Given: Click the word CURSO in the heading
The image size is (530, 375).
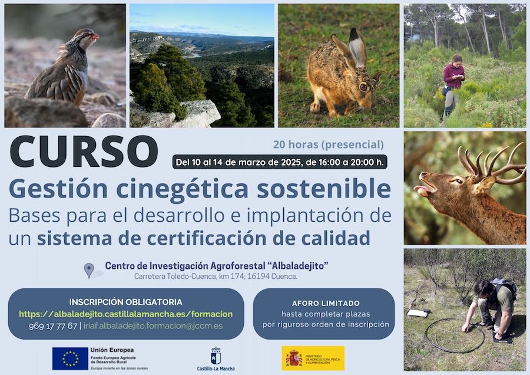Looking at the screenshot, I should (84, 152).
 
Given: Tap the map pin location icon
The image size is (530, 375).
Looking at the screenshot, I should (89, 270).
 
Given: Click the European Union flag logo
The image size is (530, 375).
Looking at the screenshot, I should (69, 358).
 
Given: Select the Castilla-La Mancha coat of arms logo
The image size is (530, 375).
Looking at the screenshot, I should (216, 356).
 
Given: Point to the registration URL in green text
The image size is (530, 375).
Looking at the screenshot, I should (125, 314).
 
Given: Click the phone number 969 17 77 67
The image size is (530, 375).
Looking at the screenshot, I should (52, 326).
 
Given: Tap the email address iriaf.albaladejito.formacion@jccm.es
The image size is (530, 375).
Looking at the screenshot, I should (153, 326).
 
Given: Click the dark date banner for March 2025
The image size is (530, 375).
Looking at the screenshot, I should (280, 162).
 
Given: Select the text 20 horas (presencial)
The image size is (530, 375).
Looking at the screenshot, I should (328, 144).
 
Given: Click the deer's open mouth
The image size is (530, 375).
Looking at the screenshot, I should (426, 190).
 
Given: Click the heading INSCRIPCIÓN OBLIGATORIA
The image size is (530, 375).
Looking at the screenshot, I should (125, 302).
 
